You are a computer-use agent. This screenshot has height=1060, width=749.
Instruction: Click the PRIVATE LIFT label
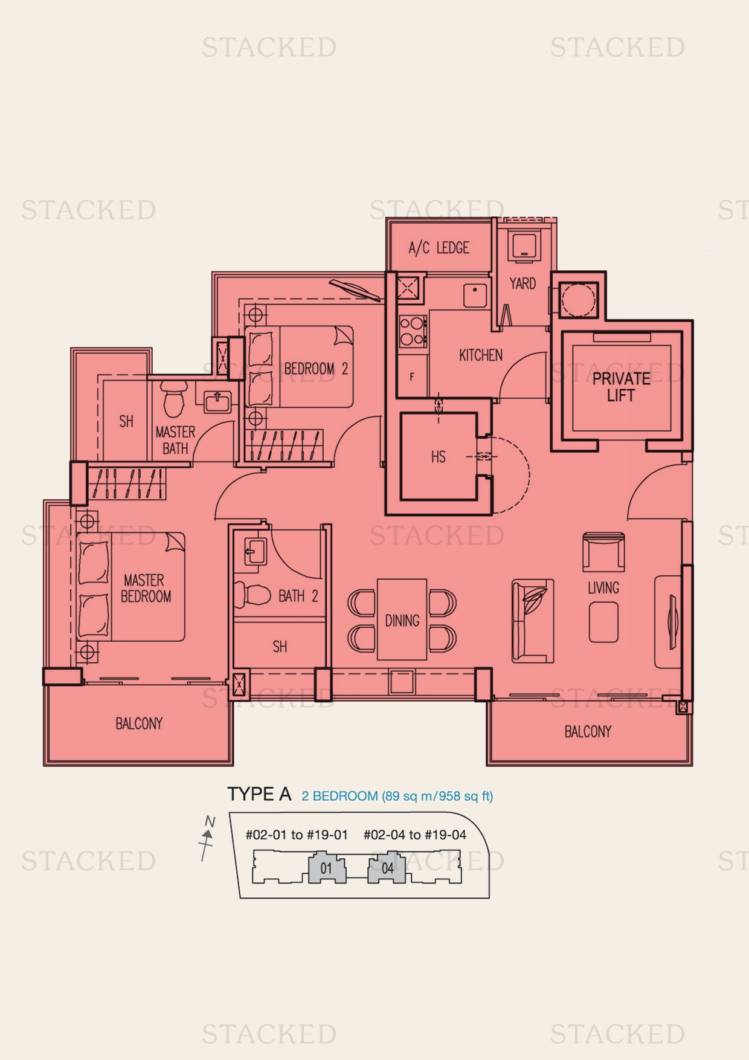[621, 387]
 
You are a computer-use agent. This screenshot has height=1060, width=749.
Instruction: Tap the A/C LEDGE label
[439, 248]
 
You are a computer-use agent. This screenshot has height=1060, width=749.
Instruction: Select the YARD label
[522, 283]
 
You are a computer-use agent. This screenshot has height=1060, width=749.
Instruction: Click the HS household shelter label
[439, 457]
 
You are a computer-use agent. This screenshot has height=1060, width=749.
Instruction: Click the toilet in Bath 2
[252, 595]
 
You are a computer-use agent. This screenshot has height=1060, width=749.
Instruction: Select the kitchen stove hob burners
[413, 331]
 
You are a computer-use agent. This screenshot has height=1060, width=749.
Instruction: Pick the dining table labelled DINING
[402, 620]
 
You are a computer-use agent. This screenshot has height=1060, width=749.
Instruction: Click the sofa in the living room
[532, 621]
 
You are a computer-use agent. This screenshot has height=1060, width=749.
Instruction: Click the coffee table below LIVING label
[603, 622]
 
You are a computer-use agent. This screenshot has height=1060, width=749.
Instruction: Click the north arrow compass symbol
[207, 837]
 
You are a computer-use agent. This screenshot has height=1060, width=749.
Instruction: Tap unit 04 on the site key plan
[387, 868]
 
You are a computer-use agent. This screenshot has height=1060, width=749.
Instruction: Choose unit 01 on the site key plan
[326, 868]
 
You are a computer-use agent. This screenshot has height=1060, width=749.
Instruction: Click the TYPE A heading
[259, 794]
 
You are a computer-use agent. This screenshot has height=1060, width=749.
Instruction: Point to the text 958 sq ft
[465, 796]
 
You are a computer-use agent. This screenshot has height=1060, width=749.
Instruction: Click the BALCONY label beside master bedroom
[139, 723]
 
